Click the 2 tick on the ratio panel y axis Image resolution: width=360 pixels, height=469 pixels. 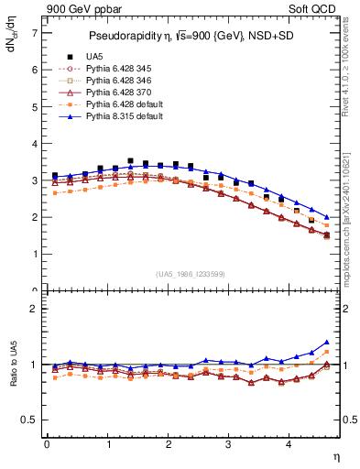pos(35,309)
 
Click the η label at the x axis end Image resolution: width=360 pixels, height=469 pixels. pos(336,456)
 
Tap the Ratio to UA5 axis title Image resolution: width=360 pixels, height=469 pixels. pos(14,376)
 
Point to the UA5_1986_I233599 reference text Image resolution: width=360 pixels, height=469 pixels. pos(193,275)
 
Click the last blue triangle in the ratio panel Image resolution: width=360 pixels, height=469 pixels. pos(327,342)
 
